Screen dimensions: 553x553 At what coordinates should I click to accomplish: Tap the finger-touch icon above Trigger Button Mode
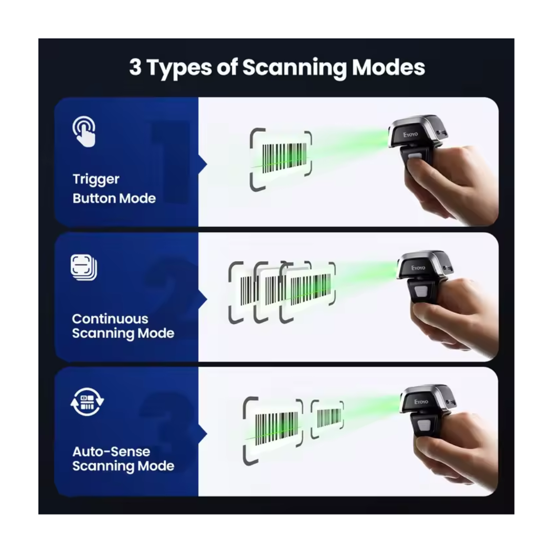tap(84, 131)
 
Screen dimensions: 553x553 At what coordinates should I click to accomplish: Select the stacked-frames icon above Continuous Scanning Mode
tap(84, 267)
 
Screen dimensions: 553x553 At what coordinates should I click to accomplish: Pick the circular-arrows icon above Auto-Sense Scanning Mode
tap(87, 402)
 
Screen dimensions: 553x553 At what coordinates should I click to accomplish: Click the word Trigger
tap(96, 180)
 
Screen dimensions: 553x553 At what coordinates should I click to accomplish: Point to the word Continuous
tap(110, 319)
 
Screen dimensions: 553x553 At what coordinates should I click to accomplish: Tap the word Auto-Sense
tap(111, 452)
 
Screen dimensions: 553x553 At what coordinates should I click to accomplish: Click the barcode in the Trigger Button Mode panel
tap(284, 158)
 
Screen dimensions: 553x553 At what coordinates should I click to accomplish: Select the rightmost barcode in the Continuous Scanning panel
tap(310, 289)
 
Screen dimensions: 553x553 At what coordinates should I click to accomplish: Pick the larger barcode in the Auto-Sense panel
tap(276, 429)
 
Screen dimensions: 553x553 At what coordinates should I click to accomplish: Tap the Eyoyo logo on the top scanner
tap(411, 134)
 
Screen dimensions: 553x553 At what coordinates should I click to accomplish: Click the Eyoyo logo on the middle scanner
tap(418, 268)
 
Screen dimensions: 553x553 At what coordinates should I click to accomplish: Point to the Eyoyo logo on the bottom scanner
tap(421, 402)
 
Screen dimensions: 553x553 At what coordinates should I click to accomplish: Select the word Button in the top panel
tap(94, 199)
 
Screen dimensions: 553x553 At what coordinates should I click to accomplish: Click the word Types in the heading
tap(179, 68)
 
